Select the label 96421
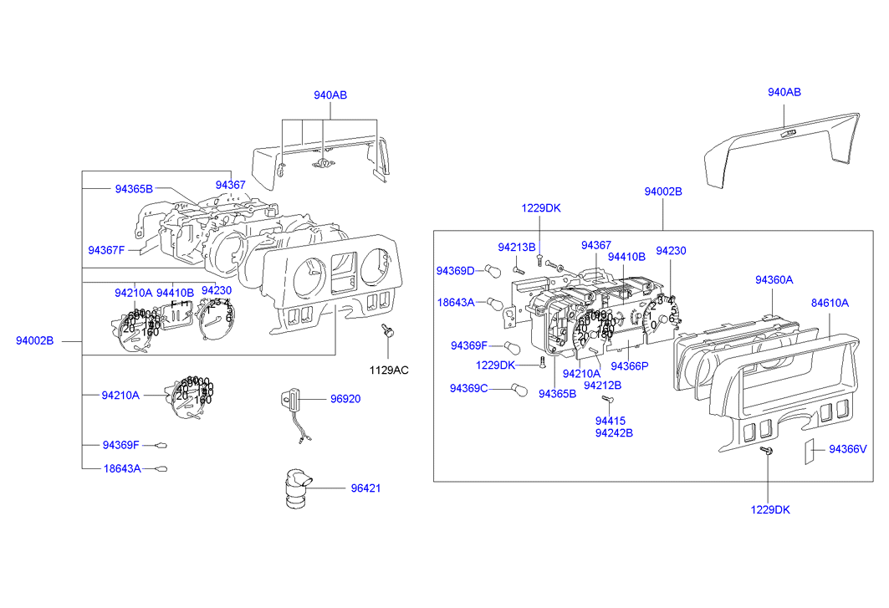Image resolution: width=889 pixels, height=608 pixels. [x=365, y=488]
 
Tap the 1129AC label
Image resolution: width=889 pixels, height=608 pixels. [x=390, y=369]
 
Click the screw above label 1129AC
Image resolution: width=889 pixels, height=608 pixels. [x=387, y=331]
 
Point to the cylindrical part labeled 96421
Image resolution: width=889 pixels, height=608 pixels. [x=297, y=488]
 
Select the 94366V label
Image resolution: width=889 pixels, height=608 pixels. [x=848, y=449]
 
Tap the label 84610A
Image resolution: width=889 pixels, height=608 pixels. [x=830, y=303]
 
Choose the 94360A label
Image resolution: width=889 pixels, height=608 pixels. [x=774, y=280]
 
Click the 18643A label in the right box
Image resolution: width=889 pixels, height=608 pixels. [x=455, y=301]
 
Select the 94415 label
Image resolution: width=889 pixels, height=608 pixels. [x=611, y=421]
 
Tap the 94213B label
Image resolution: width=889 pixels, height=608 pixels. [x=516, y=247]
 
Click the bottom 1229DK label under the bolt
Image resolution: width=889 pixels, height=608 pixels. [x=770, y=509]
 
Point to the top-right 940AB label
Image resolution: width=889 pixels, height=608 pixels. [x=784, y=93]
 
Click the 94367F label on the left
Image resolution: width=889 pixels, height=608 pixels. [x=106, y=249]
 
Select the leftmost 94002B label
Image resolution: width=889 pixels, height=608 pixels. [x=34, y=340]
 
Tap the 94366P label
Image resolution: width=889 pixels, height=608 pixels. [x=631, y=365]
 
